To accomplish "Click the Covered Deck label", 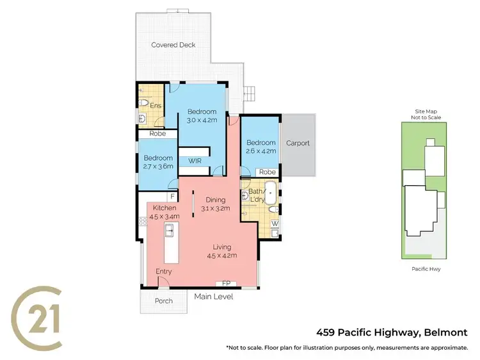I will click(173, 45).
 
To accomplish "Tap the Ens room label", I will click(155, 106).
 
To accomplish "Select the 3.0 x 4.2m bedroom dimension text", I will click(202, 120).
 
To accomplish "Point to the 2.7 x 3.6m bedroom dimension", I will click(158, 167).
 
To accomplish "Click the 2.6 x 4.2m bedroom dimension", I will click(260, 151).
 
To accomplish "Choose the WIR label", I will click(195, 161).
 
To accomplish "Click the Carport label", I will click(298, 143).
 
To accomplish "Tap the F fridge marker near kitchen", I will click(172, 197).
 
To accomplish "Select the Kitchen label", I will click(163, 208).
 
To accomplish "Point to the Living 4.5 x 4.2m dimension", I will click(222, 255).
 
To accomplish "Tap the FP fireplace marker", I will click(225, 282).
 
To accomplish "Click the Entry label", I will click(164, 272).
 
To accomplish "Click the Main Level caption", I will click(214, 297).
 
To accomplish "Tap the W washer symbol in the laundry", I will click(275, 224).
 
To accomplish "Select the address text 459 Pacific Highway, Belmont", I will click(392, 332).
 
